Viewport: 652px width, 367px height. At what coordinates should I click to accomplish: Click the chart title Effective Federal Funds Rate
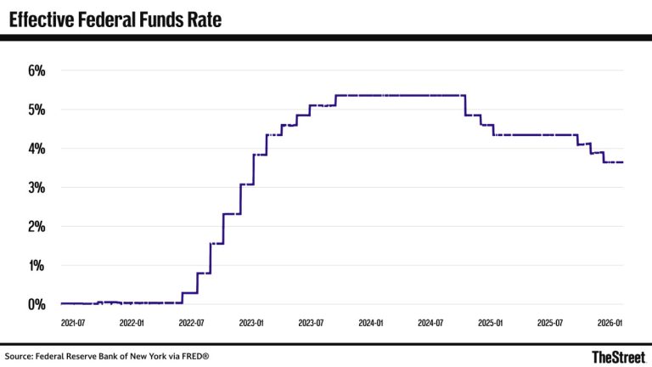pos(115,19)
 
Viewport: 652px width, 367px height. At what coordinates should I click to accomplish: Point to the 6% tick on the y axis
pos(36,71)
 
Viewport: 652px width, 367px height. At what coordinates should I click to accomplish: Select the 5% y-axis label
pos(36,110)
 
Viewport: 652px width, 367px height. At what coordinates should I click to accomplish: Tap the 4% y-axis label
pos(36,149)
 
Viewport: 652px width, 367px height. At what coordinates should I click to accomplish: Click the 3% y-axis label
pos(36,188)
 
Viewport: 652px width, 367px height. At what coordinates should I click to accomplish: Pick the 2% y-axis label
pos(36,227)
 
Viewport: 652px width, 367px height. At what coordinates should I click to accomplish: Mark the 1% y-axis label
pos(36,266)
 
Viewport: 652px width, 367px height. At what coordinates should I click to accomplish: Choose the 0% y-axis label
pos(36,304)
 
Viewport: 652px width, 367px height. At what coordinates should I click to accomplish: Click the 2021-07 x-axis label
pos(73,324)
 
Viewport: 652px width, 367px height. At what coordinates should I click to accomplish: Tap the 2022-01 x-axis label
pos(132,324)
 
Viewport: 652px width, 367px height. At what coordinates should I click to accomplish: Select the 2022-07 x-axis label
pos(191,324)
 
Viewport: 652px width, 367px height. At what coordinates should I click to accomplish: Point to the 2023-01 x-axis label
pos(251,324)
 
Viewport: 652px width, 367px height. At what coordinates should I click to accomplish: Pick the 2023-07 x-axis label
pos(311,324)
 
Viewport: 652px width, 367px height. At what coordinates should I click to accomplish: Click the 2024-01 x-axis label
pos(371,324)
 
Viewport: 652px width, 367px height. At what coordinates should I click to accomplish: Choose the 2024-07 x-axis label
pos(430,324)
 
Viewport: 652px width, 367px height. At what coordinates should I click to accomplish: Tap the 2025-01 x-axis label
pos(491,324)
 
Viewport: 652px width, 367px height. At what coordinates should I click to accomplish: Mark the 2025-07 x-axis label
pos(550,324)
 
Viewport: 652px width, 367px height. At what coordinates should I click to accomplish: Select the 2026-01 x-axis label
pos(610,324)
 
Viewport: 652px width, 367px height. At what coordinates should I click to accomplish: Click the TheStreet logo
pos(617,356)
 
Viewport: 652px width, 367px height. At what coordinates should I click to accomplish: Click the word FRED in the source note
pos(192,356)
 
